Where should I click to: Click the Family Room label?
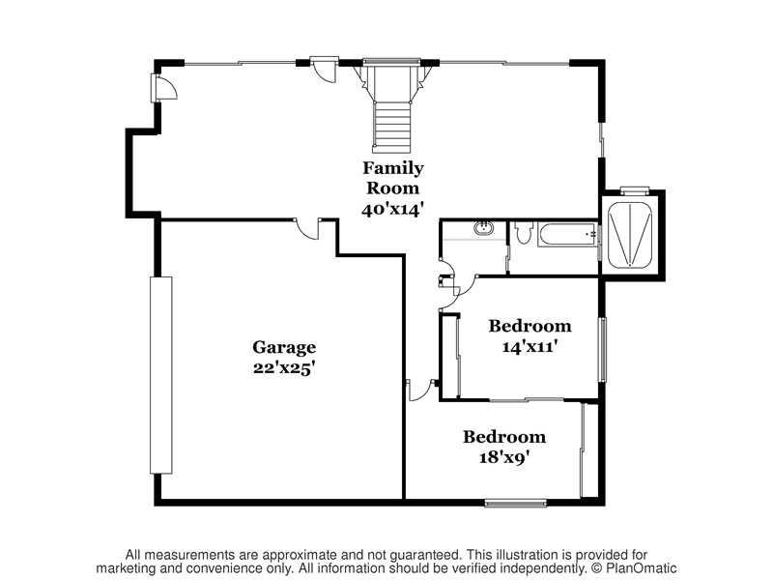point(393,178)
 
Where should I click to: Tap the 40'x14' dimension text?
point(393,210)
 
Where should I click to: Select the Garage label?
point(284,348)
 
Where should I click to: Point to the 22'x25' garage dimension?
point(284,368)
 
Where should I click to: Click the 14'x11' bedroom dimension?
point(530,347)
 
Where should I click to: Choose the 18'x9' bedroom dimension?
point(504,457)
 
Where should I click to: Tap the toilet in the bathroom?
point(524,232)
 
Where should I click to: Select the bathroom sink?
point(483,228)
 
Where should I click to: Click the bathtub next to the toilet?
point(567,235)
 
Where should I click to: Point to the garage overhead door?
point(161,375)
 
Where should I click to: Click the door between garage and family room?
point(307,229)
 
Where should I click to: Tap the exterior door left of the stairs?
point(324,70)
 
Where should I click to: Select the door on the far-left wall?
point(163,88)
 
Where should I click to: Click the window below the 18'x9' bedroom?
point(516,503)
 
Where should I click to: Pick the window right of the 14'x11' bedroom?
point(602,350)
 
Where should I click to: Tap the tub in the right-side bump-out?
point(631,235)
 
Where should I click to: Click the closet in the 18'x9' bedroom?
point(589,450)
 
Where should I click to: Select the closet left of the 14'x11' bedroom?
point(450,355)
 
